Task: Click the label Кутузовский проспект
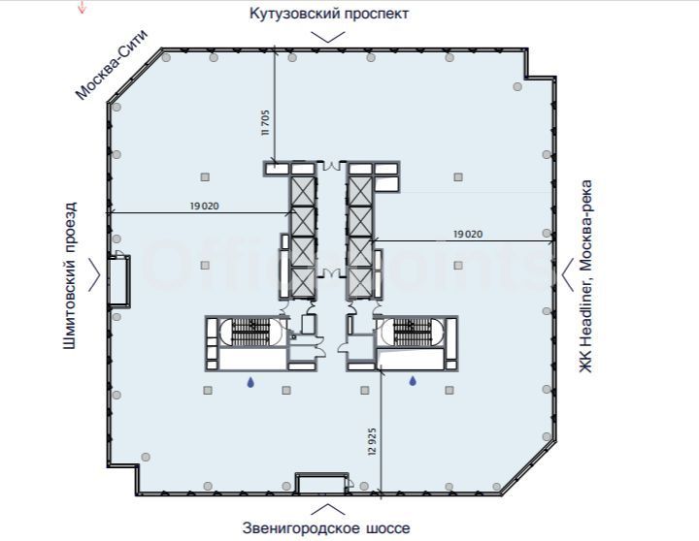pyautogui.click(x=328, y=14)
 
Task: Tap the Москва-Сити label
pyautogui.click(x=111, y=65)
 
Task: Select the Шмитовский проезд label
pyautogui.click(x=70, y=275)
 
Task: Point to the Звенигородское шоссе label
pyautogui.click(x=326, y=528)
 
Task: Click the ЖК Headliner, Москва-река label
pyautogui.click(x=585, y=275)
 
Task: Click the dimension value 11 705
pyautogui.click(x=266, y=122)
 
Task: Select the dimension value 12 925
pyautogui.click(x=373, y=441)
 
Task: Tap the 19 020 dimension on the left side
pyautogui.click(x=205, y=207)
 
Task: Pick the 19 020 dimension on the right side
pyautogui.click(x=468, y=234)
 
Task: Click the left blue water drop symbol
pyautogui.click(x=250, y=382)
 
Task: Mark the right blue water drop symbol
pyautogui.click(x=413, y=381)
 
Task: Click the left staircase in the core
pyautogui.click(x=251, y=332)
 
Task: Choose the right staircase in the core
pyautogui.click(x=413, y=332)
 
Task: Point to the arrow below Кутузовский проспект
pyautogui.click(x=328, y=37)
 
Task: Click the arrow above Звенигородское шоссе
pyautogui.click(x=328, y=509)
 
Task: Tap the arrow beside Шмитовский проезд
pyautogui.click(x=94, y=274)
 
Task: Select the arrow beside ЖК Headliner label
pyautogui.click(x=567, y=274)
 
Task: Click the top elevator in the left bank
pyautogui.click(x=303, y=191)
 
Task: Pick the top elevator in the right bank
pyautogui.click(x=360, y=191)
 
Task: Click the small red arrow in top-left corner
pyautogui.click(x=82, y=7)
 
